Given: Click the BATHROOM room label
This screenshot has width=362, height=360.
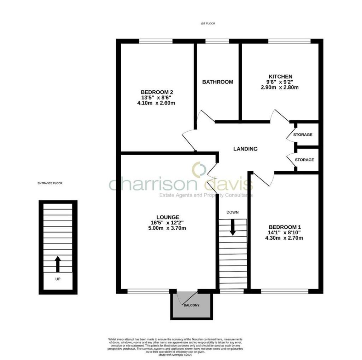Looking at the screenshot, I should point(217,82).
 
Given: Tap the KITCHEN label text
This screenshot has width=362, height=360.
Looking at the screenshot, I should point(280,76).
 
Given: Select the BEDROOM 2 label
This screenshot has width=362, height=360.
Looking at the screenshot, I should point(158,92).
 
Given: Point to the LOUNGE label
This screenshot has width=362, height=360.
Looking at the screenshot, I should point(168,217).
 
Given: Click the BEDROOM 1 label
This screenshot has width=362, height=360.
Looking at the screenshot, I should point(285,227).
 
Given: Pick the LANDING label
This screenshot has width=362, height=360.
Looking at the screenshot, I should point(245,149).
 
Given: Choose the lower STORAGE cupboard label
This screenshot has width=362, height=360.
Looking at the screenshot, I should point(304,160).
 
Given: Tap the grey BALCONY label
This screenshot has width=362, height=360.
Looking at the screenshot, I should point(191,305).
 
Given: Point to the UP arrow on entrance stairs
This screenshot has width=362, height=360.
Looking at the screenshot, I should point(58,264).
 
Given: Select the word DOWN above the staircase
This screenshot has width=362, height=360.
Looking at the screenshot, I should point(233,212).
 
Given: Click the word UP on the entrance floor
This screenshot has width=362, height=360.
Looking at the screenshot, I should point(58,279).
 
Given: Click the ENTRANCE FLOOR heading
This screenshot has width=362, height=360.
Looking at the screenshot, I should point(47,183).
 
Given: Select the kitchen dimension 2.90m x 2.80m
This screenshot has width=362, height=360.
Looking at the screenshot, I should point(280,87).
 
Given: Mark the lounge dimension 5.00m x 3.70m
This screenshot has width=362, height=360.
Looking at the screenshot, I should point(168,228).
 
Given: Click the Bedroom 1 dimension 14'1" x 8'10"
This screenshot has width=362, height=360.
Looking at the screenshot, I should point(285,233).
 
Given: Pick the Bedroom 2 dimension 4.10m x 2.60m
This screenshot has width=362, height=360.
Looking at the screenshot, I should point(158,103).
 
